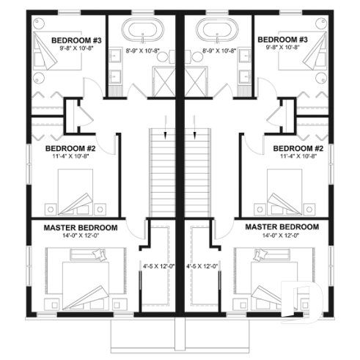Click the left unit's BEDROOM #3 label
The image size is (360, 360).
pyautogui.click(x=76, y=39)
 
